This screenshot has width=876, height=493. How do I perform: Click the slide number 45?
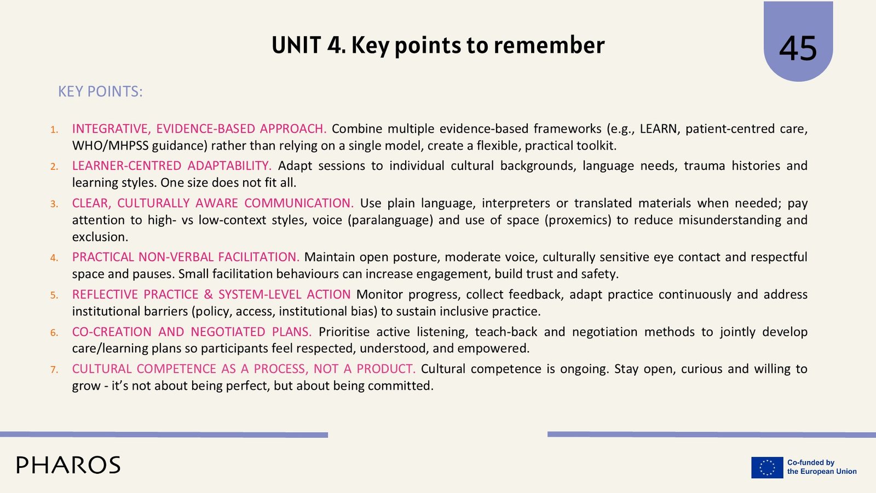pyautogui.click(x=798, y=49)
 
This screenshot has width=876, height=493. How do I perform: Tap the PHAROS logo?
pyautogui.click(x=68, y=465)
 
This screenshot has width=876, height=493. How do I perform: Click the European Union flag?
pyautogui.click(x=767, y=467)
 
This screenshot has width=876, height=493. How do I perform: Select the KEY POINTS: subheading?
pyautogui.click(x=101, y=91)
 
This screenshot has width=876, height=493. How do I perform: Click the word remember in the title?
pyautogui.click(x=549, y=45)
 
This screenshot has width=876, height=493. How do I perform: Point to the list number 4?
pyautogui.click(x=54, y=257)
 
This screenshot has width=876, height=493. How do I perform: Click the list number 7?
pyautogui.click(x=54, y=369)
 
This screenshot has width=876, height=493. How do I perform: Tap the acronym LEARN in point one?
pyautogui.click(x=658, y=129)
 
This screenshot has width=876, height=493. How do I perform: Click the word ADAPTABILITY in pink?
pyautogui.click(x=229, y=166)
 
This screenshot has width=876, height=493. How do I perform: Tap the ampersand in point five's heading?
pyautogui.click(x=208, y=295)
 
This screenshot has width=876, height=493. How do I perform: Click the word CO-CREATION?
pyautogui.click(x=112, y=332)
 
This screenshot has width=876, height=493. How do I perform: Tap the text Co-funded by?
pyautogui.click(x=811, y=462)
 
